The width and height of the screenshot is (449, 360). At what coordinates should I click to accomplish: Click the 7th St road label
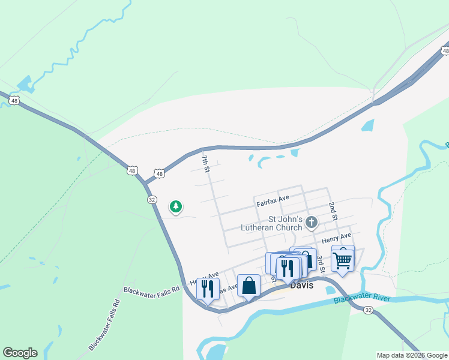pyautogui.click(x=205, y=163)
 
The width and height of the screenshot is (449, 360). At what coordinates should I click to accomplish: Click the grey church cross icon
pyautogui.click(x=311, y=223)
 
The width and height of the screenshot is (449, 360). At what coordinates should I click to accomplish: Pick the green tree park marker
pyautogui.click(x=175, y=207)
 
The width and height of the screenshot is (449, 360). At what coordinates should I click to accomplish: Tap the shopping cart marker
pyautogui.click(x=342, y=259)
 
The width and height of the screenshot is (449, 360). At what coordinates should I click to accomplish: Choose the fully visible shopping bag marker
pyautogui.click(x=249, y=286)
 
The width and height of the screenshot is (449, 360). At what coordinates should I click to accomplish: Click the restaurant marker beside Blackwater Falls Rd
pyautogui.click(x=208, y=289)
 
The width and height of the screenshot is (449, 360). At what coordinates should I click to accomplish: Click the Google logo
pyautogui.click(x=20, y=353)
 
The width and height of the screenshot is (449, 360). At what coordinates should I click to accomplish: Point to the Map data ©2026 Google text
pyautogui.click(x=411, y=355)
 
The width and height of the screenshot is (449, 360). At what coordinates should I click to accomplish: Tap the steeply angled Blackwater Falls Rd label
pyautogui.click(x=104, y=325)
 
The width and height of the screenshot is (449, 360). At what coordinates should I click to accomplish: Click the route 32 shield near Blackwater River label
pyautogui.click(x=368, y=310)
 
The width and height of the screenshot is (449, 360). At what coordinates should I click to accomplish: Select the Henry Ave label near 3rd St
pyautogui.click(x=336, y=238)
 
